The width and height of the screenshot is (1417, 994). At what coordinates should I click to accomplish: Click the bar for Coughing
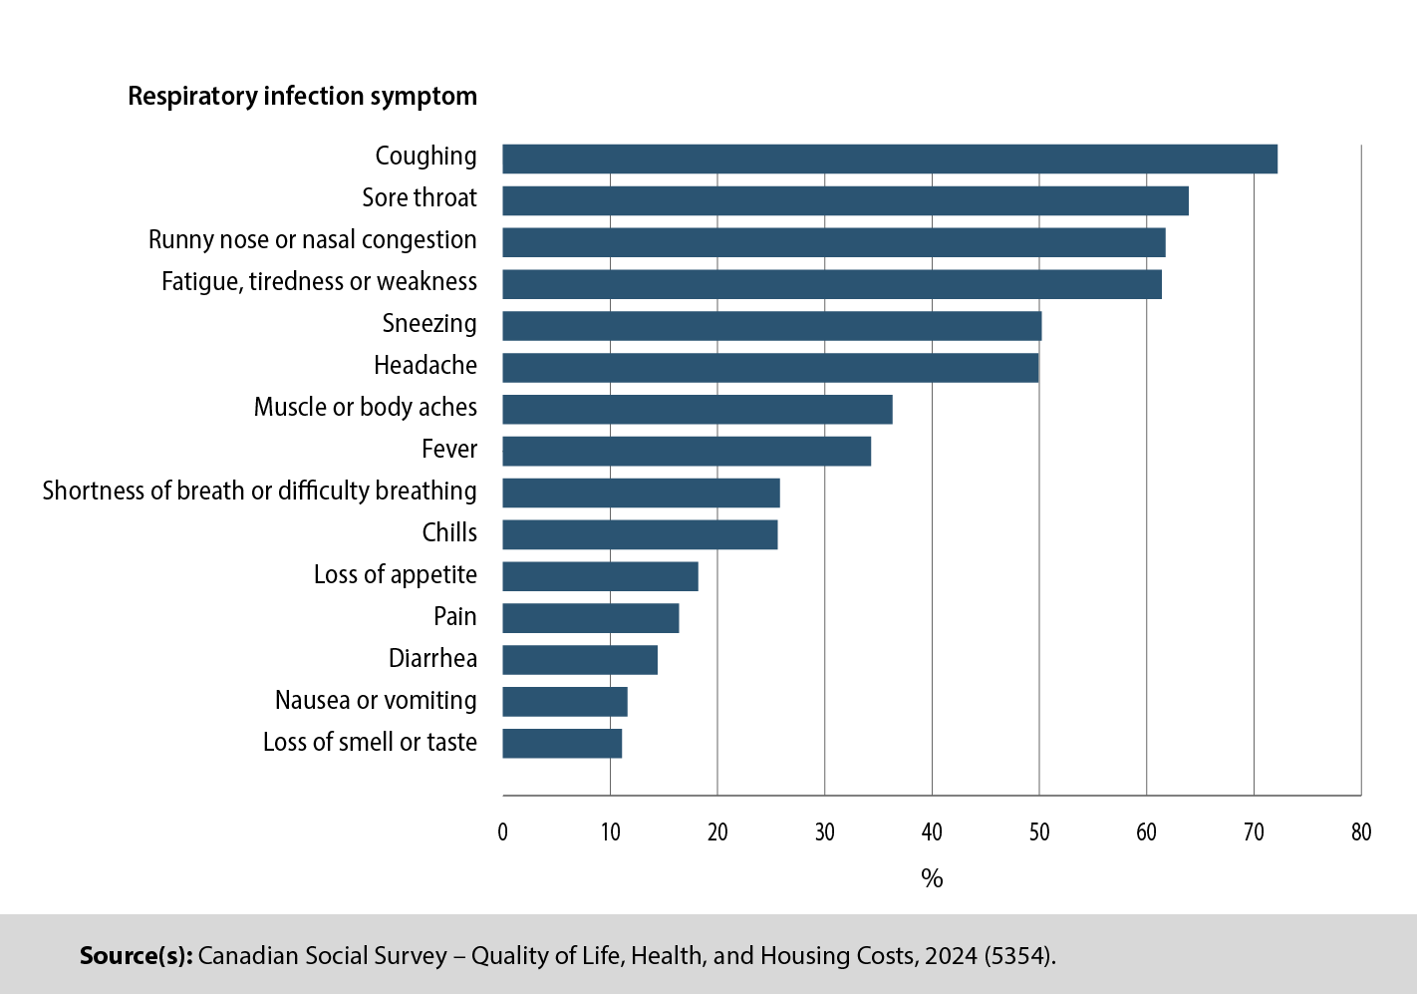pos(889,159)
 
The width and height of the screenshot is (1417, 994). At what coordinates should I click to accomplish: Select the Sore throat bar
pos(845,200)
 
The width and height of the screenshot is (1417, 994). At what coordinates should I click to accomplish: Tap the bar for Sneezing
pos(771,326)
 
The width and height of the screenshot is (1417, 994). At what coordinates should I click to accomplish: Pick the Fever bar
pos(686,452)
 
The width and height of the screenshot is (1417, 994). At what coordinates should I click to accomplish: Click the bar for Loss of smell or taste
pos(562,744)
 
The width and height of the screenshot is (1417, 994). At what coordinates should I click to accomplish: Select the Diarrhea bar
pos(580,660)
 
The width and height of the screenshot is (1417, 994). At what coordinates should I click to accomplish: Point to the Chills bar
pos(640,535)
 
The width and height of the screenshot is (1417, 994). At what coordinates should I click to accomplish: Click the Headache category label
pos(425,366)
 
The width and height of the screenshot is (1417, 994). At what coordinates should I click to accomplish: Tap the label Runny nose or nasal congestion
pos(312,240)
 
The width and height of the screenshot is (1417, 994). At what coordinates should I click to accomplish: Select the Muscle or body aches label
pos(365,408)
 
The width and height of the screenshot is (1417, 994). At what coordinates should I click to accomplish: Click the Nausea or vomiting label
pos(376,701)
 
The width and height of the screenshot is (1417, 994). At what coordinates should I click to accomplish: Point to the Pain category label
pos(454,617)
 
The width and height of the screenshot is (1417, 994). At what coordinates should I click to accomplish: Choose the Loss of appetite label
pos(395,575)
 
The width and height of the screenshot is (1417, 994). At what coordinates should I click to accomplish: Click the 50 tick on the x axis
pos(1038,832)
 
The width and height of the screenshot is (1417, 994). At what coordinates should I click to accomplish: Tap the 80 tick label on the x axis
pos(1360,832)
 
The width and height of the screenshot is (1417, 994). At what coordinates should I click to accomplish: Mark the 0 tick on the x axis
pos(502,832)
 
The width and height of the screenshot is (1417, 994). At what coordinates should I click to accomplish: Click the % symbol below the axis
pos(932,878)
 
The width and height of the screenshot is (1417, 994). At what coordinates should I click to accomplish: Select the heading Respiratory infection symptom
pos(302,97)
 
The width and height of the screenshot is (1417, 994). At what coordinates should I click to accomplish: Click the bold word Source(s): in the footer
pos(136,956)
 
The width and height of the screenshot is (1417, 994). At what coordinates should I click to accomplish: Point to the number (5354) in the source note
pos(1018,956)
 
